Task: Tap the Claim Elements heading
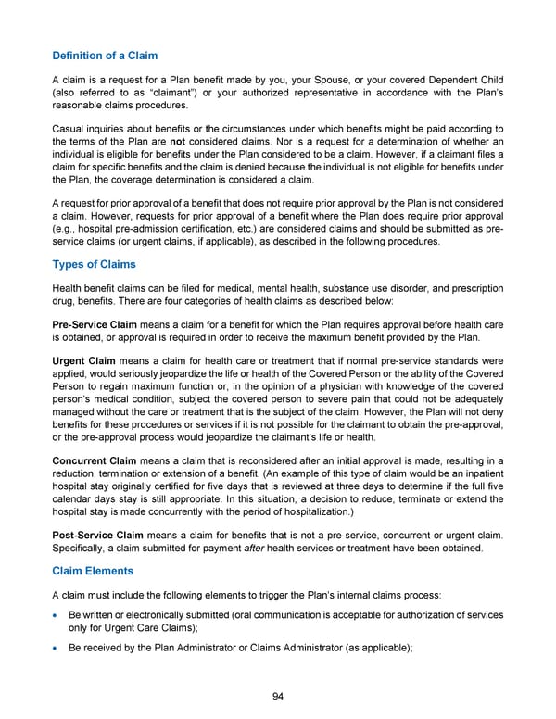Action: coord(93,572)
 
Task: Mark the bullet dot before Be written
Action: coord(57,616)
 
